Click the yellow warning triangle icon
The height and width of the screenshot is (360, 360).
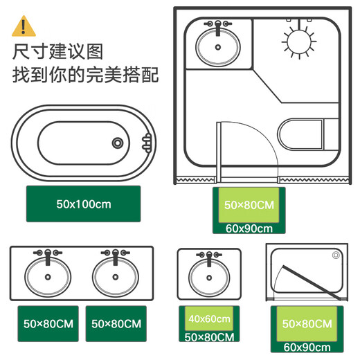pyautogui.click(x=24, y=26)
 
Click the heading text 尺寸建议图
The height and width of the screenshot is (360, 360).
pyautogui.click(x=59, y=52)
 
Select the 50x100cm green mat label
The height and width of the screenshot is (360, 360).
pyautogui.click(x=83, y=204)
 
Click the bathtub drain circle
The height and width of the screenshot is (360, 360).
pyautogui.click(x=118, y=143)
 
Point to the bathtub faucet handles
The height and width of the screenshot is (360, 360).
pyautogui.click(x=146, y=143)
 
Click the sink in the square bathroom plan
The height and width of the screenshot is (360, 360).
pyautogui.click(x=218, y=46)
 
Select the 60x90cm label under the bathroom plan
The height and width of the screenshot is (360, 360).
pyautogui.click(x=249, y=227)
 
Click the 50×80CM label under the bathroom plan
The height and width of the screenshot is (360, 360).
pyautogui.click(x=249, y=205)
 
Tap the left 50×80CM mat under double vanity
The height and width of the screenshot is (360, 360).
pyautogui.click(x=48, y=323)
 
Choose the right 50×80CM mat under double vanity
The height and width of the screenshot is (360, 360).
pyautogui.click(x=116, y=323)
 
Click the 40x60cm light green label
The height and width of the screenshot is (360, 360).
pyautogui.click(x=208, y=318)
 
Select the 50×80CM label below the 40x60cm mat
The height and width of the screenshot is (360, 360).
pyautogui.click(x=208, y=336)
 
